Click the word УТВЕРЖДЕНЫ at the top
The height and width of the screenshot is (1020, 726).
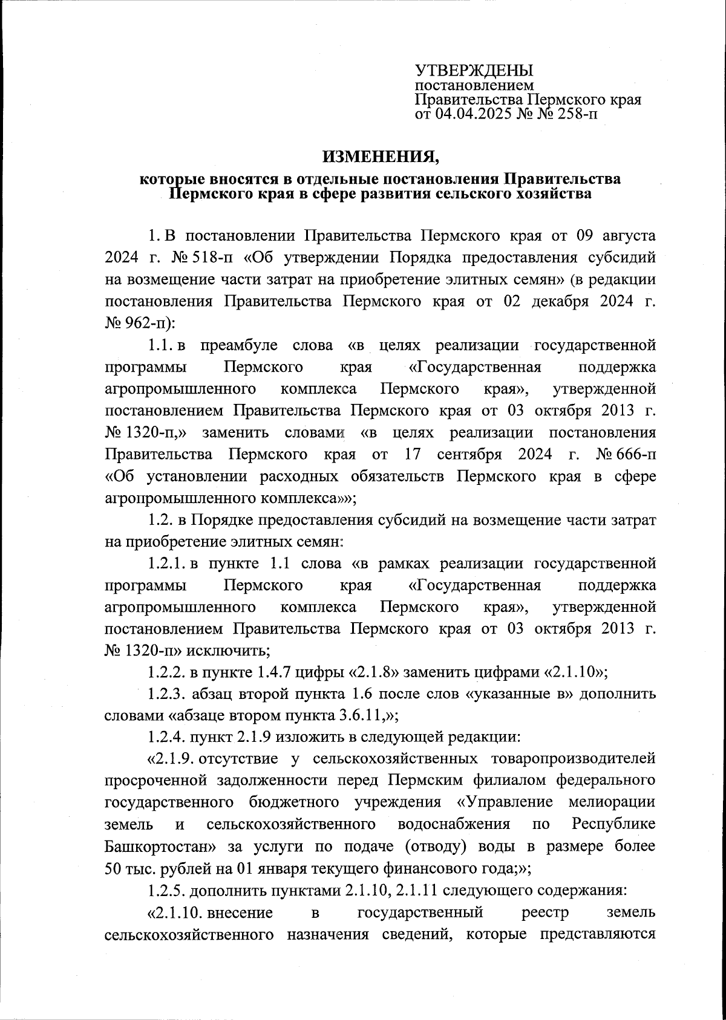click(473, 71)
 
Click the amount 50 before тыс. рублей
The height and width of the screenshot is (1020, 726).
click(114, 869)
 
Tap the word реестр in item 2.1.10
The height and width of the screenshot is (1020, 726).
click(542, 912)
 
